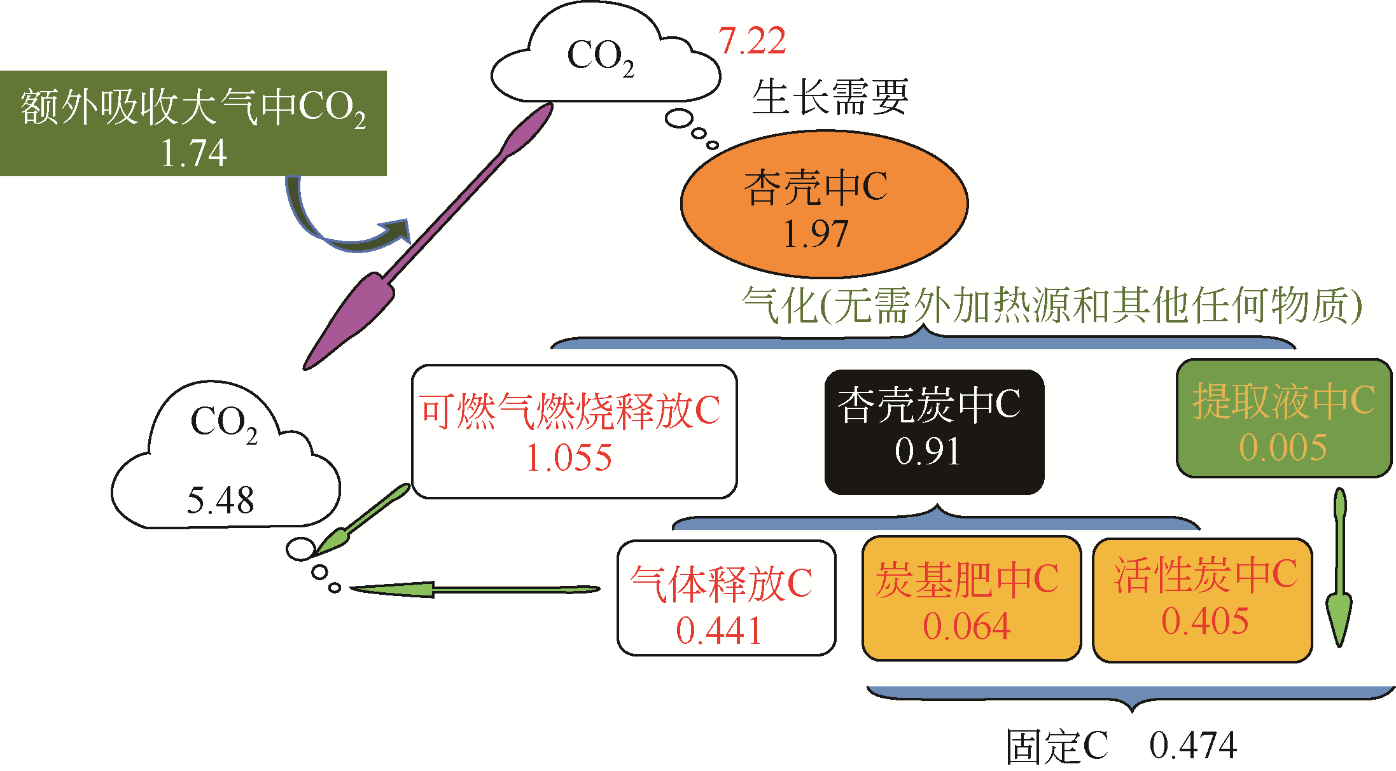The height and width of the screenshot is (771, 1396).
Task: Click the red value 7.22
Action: [x=752, y=41]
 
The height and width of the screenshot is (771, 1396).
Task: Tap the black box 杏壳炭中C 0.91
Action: [x=934, y=432]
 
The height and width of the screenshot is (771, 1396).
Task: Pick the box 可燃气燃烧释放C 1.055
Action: [x=574, y=432]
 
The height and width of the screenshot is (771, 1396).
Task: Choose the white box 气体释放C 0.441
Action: [x=726, y=598]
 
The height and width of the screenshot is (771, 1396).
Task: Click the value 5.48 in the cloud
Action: [x=220, y=501]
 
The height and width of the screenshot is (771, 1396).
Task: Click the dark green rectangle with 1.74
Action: [x=193, y=123]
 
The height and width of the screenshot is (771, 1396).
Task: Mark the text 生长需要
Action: [x=830, y=97]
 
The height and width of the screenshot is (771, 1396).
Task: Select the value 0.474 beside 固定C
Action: [x=1193, y=746]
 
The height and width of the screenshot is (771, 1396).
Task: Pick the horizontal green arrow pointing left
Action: [x=474, y=590]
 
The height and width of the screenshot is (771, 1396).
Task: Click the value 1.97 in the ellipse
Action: [x=815, y=234]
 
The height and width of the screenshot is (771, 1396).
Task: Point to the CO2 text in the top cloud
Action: [x=600, y=57]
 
